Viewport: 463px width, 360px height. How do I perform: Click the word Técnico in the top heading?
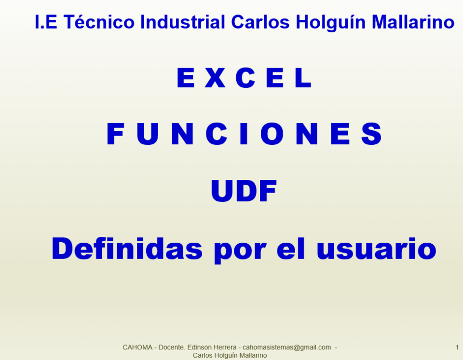point(99,22)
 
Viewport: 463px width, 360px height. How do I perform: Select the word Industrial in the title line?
point(183,22)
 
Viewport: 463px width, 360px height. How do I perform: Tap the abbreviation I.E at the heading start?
point(46,22)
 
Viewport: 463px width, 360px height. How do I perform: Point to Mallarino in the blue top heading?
point(413,22)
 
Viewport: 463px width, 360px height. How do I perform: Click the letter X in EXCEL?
point(215,78)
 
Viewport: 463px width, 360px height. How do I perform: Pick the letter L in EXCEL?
point(303,78)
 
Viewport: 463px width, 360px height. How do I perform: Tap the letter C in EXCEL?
point(245,78)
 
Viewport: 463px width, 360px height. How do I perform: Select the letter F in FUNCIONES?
point(115,134)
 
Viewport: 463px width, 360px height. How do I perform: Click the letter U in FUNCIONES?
point(148,134)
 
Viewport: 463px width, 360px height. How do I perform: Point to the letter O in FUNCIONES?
point(272,134)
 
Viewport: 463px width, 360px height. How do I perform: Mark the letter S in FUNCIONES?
point(371,134)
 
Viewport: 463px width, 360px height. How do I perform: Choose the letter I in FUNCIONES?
point(244,134)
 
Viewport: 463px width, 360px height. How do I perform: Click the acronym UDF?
point(244,191)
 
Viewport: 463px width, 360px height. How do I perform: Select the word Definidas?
point(127,249)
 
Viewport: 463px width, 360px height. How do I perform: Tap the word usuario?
point(376,250)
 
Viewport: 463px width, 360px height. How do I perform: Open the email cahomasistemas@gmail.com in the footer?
point(286,347)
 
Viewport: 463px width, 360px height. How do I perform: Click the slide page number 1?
point(457,347)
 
